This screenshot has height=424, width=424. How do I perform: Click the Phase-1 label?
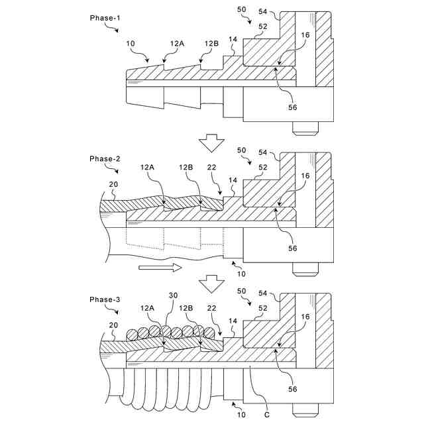point(105,17)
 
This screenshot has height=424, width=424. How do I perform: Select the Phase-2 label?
point(105,159)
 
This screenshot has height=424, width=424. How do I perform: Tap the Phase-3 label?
point(105,299)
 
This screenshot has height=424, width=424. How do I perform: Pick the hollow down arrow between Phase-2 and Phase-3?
point(211,282)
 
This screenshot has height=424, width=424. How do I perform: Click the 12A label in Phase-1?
point(177,43)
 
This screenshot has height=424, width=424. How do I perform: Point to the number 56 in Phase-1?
point(291,107)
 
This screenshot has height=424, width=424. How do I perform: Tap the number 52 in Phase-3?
point(262,308)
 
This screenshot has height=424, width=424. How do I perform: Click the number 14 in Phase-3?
point(232,321)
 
